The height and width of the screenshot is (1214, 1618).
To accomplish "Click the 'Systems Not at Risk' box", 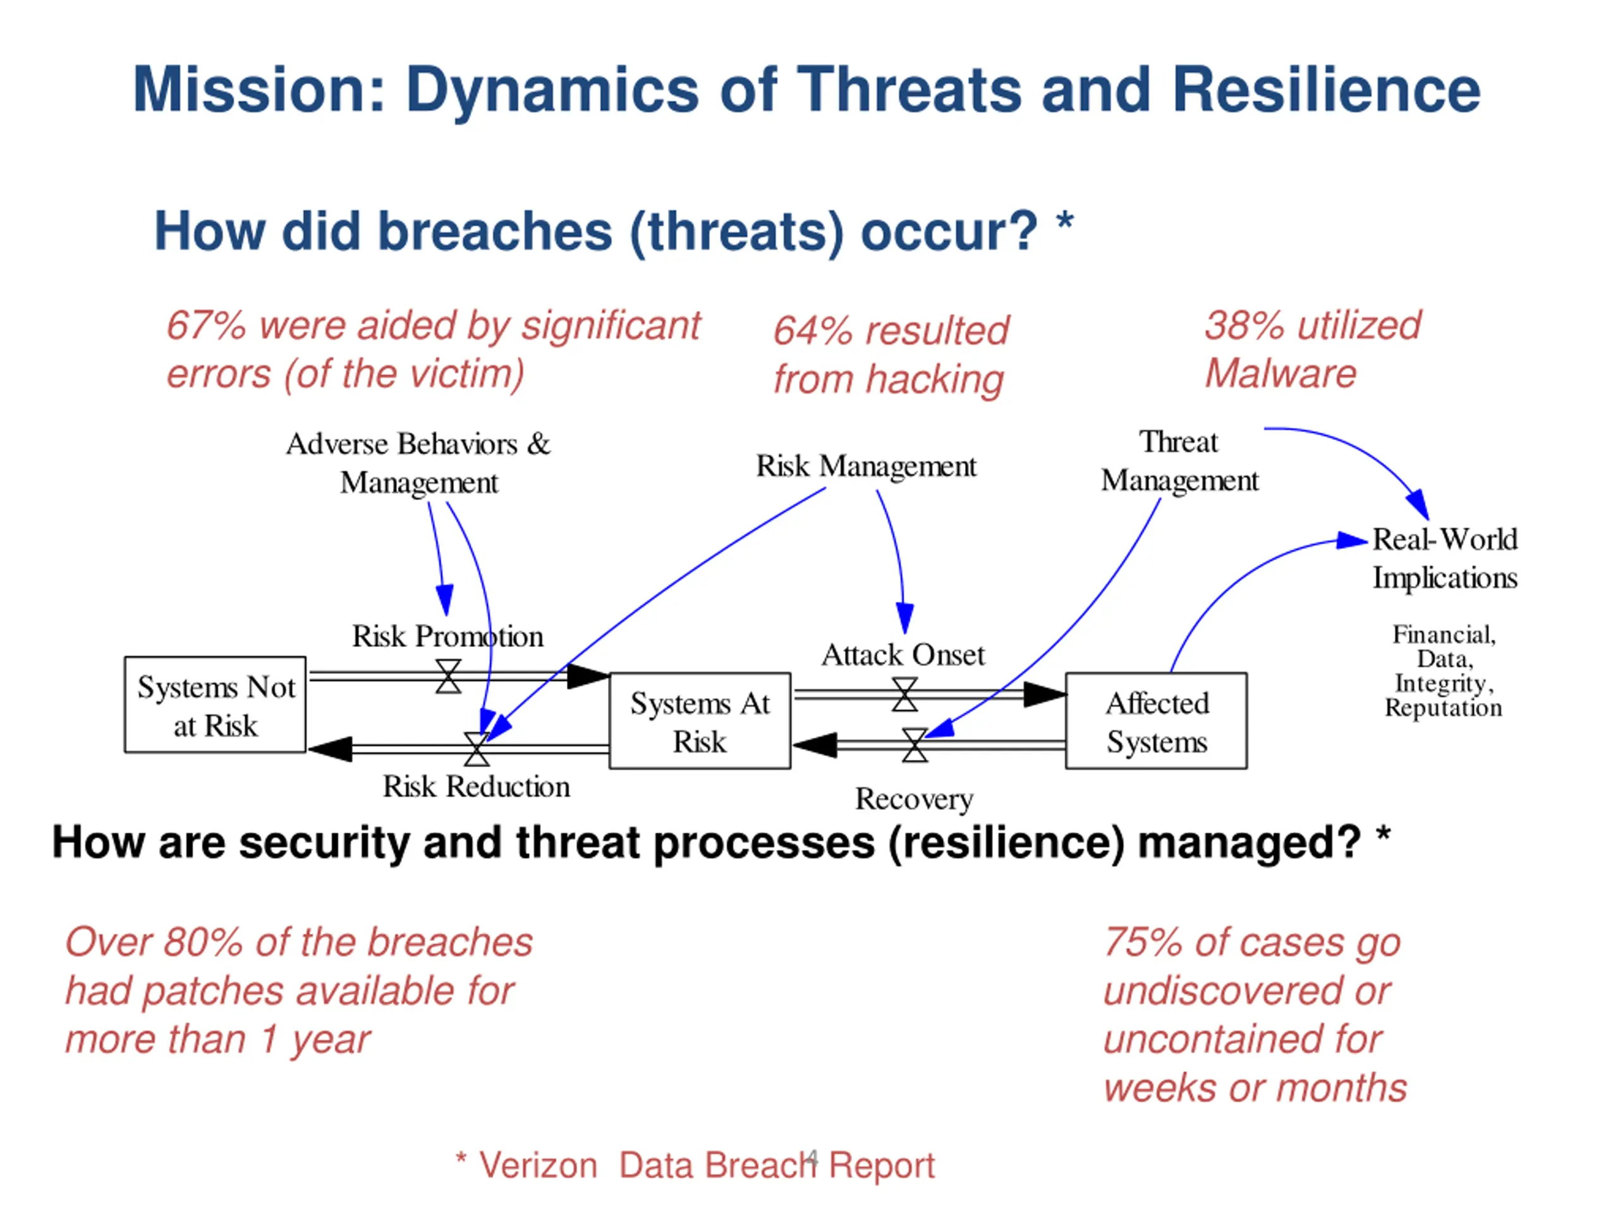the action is pos(215,704).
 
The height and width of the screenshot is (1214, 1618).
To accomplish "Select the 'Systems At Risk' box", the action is pos(700,721).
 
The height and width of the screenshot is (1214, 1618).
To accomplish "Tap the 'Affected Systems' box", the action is pos(1157,721).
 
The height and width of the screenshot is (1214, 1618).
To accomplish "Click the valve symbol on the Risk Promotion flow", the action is pos(448,676).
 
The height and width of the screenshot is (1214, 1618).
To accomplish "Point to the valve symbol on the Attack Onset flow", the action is pos(905,694).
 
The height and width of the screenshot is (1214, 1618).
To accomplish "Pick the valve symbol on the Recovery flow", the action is pos(915,745).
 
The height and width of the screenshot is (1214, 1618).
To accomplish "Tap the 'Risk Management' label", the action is pos(866,467).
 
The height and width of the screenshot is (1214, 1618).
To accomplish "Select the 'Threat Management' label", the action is pos(1180,461).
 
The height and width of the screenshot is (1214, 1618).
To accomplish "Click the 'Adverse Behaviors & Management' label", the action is pos(418,463).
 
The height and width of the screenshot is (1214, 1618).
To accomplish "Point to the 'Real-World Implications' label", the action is pos(1445,558).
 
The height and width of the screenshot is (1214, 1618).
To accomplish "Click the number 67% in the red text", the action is pos(205,326).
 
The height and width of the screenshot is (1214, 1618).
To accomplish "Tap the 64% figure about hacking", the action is pos(813,331).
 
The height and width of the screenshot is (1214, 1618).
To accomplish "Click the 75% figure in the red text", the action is pos(1143,943).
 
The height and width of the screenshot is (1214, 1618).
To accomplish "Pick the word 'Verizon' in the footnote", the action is pos(538,1165).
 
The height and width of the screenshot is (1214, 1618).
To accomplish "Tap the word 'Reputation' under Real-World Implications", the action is pos(1443,708).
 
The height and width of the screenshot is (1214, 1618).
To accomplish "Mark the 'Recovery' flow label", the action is pos(915,800).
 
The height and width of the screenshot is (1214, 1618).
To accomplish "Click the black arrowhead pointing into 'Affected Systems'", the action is pos(1045,694).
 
